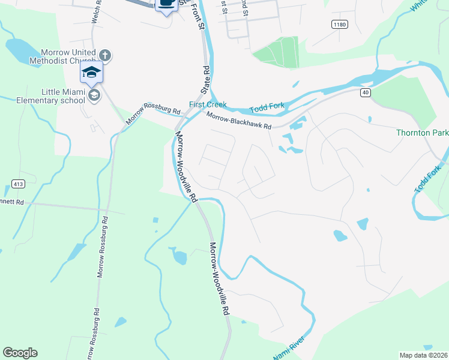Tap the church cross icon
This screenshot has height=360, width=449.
105,56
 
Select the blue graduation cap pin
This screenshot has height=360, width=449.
92,73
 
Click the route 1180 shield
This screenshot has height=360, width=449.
339,24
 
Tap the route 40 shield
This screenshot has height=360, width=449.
365,92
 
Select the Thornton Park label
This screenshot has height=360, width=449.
422,132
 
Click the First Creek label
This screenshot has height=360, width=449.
208,104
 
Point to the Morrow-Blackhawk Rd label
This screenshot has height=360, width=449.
240,122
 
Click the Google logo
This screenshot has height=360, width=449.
20,353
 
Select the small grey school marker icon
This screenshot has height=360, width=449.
93,95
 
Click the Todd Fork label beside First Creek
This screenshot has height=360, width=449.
266,106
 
